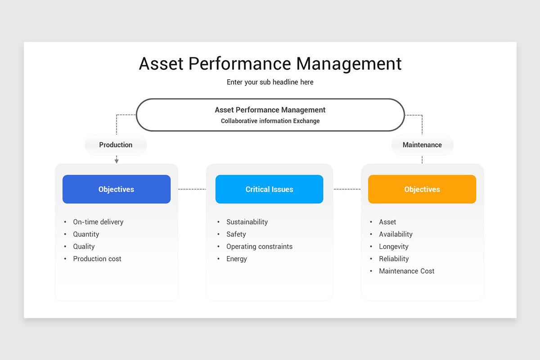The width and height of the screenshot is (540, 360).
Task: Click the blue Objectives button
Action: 117,189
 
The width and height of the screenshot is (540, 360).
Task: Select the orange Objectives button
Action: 422,189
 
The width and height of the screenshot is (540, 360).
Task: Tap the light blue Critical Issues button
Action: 269,189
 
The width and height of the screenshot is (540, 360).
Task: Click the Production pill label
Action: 116,145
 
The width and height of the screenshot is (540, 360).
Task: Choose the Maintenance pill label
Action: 422,145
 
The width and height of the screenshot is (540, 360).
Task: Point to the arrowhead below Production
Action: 117,161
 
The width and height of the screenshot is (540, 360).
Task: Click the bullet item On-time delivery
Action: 98,222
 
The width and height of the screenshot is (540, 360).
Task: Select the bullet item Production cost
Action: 97,259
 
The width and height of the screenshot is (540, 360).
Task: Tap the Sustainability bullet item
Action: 247,222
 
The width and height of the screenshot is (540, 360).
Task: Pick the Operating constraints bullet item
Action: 259,247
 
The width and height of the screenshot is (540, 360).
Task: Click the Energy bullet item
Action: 237,259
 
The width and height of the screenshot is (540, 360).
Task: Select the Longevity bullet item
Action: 394,247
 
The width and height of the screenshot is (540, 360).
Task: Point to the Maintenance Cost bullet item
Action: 407,271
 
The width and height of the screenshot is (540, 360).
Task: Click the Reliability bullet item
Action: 394,259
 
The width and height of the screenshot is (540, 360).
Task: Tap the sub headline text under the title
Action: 270,82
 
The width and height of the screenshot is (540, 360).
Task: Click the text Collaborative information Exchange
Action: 270,121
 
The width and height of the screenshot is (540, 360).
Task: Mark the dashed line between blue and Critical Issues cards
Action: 192,189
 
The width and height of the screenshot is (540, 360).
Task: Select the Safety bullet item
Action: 236,234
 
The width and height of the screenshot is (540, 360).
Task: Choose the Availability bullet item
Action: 396,234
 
